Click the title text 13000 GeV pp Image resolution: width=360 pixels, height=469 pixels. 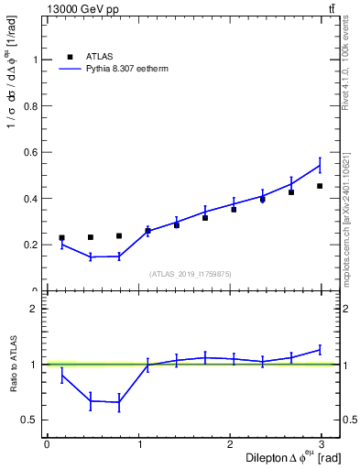tap(80, 8)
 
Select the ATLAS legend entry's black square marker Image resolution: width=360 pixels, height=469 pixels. tap(70, 55)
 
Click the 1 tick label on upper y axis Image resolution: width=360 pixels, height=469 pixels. tap(35, 60)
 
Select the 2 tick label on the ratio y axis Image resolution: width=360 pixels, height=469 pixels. tap(35, 309)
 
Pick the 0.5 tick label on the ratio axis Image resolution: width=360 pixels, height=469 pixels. tap(30, 420)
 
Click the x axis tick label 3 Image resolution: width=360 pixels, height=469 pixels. tap(328, 444)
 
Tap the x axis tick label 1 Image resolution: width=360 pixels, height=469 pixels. tap(140, 444)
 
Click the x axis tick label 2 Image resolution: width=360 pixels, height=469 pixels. tap(234, 444)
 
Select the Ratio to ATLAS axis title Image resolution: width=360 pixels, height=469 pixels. tap(13, 365)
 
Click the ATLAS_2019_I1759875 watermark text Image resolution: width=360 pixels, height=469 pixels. tap(189, 273)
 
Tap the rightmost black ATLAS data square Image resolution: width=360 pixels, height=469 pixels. tap(320, 186)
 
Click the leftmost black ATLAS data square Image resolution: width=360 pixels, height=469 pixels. tap(61, 237)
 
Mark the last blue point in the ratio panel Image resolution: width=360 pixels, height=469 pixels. tap(320, 349)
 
